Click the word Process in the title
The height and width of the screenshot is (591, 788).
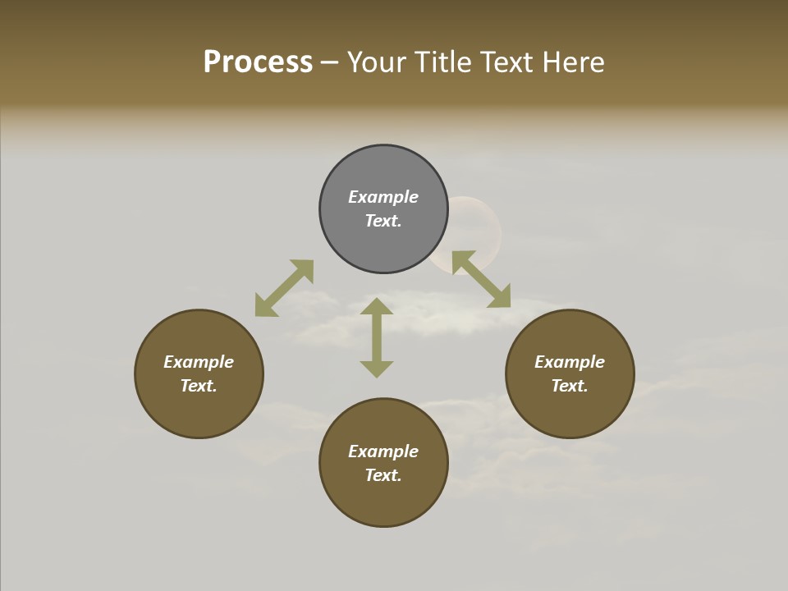(258, 62)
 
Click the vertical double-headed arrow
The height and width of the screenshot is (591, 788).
(377, 337)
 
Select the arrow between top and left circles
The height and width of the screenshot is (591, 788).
(284, 288)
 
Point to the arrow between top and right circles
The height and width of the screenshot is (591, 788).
(482, 279)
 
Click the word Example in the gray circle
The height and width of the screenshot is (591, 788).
(383, 197)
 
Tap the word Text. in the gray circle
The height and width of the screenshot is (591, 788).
(383, 221)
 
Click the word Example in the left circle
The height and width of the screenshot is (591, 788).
(199, 362)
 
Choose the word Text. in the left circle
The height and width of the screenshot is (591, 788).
(199, 386)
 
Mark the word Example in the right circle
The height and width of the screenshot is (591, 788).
(570, 362)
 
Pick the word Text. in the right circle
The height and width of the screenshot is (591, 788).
(570, 386)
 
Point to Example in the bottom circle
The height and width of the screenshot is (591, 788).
(383, 451)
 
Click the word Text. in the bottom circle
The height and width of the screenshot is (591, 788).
(383, 475)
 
